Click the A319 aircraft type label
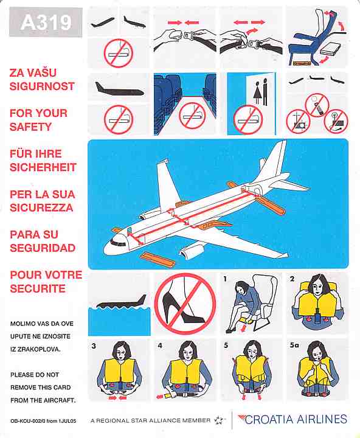pos(46,23)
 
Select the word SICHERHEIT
pos(42,167)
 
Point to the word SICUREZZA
pos(41,207)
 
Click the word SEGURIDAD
pos(43,248)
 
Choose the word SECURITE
pos(38,288)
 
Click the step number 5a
pos(295,346)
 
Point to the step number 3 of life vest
pos(94,346)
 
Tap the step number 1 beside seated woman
pos(224,279)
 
